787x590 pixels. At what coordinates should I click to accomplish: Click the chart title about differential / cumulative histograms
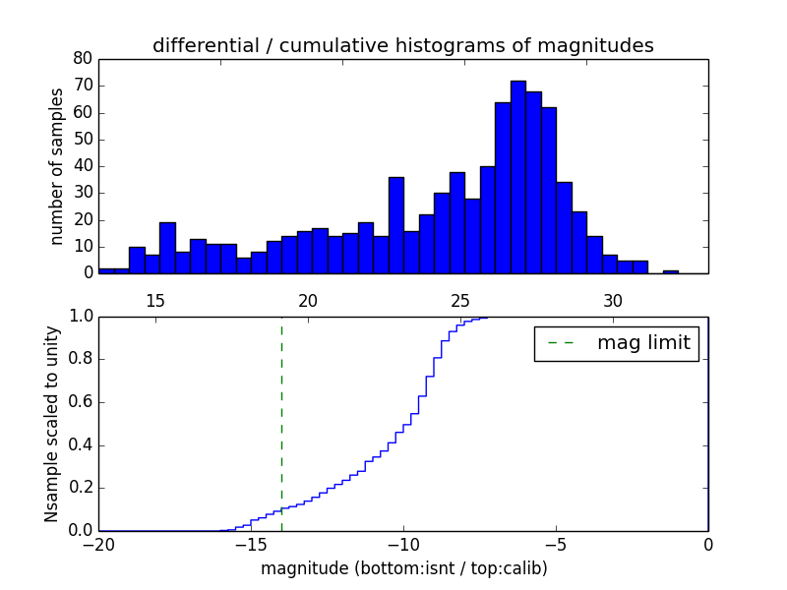point(402,45)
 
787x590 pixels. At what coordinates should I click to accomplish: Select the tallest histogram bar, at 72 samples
point(518,177)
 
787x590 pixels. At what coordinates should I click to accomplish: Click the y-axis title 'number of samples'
point(57,165)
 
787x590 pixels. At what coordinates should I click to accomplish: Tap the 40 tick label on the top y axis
point(83,165)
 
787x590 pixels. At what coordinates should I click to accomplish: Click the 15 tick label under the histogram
point(155,300)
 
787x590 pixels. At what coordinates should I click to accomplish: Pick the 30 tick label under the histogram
point(613,300)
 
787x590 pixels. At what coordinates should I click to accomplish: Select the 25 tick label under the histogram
point(460,300)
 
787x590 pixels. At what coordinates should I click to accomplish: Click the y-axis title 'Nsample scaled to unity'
point(52,424)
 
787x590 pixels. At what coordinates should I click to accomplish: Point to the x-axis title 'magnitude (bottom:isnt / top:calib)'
point(403,568)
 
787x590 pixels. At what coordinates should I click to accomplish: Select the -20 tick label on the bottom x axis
point(99,546)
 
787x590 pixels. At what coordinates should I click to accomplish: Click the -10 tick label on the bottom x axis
point(402,546)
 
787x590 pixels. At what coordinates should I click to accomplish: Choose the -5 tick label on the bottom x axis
point(556,546)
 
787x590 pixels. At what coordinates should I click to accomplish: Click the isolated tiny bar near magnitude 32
point(671,271)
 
